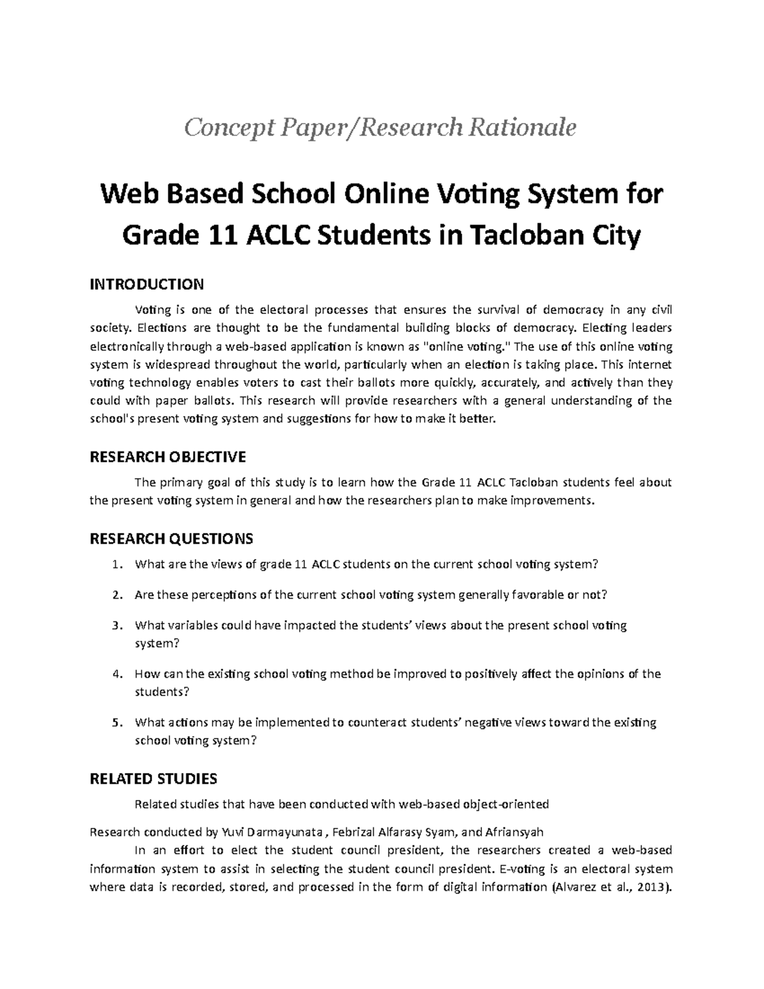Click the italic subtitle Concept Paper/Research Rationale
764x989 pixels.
point(380,128)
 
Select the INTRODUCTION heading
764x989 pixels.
point(146,283)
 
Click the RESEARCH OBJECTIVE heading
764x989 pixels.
point(167,457)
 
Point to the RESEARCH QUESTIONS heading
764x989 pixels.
point(171,539)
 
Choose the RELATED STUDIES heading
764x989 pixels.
point(153,779)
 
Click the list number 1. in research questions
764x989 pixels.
point(115,564)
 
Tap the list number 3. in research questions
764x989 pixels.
point(115,625)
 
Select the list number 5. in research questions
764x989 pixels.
point(115,723)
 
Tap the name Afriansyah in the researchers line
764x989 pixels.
point(514,832)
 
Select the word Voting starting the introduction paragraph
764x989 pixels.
point(153,310)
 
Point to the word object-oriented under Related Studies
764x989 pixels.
point(506,804)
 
